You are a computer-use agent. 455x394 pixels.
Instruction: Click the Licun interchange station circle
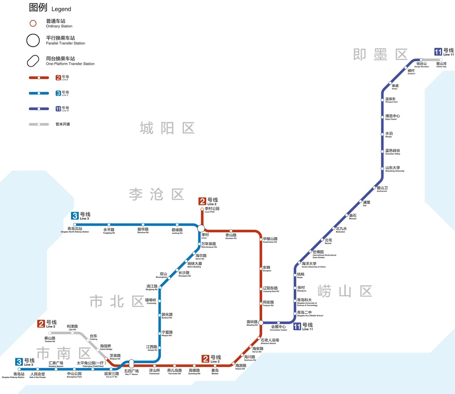click(x=201, y=228)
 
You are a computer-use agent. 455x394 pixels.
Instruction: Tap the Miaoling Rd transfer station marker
click(x=261, y=322)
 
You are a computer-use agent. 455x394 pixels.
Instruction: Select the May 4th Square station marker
click(x=131, y=363)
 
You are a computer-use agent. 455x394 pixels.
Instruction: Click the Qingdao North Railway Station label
click(x=75, y=229)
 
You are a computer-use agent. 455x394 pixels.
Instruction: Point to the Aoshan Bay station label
click(x=441, y=65)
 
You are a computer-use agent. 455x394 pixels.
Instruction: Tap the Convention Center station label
click(x=278, y=328)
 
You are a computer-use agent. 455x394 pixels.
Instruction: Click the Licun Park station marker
click(x=202, y=209)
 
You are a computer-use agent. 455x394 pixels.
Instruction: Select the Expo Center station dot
click(x=382, y=117)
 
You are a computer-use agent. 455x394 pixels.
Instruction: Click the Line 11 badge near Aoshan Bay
click(x=438, y=52)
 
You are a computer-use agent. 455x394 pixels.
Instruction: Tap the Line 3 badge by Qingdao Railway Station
click(x=19, y=362)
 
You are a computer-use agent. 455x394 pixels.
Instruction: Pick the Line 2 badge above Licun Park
click(x=202, y=201)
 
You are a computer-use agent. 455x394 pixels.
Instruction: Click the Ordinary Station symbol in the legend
click(x=33, y=23)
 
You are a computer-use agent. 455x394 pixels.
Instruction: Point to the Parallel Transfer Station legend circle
click(x=33, y=40)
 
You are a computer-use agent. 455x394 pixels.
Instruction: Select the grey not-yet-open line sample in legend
click(x=39, y=124)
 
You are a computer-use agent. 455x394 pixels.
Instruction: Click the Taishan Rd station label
click(x=50, y=339)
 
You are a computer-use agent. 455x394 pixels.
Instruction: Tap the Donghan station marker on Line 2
click(x=261, y=269)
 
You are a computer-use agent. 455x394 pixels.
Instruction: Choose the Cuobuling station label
click(x=151, y=301)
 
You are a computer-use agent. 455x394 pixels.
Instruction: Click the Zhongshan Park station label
click(x=74, y=375)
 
